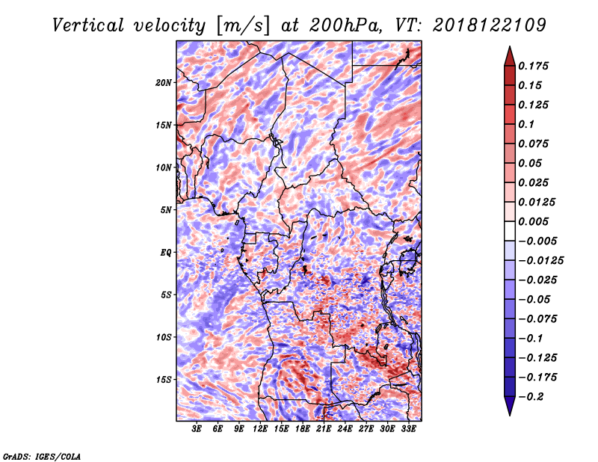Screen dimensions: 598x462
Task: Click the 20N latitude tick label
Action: (x=164, y=83)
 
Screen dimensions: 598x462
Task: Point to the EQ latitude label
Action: (x=166, y=253)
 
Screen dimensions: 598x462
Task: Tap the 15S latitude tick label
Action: (x=164, y=380)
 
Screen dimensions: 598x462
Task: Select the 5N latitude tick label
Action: (x=166, y=210)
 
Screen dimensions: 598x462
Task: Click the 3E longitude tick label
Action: (x=197, y=429)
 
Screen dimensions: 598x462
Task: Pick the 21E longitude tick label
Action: (x=324, y=429)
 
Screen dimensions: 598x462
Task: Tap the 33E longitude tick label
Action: (x=408, y=429)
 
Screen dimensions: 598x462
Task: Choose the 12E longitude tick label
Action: (x=260, y=429)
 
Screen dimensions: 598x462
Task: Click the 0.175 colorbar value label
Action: (x=533, y=66)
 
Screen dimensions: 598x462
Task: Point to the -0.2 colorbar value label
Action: (x=530, y=397)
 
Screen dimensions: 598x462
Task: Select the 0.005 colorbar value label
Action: (x=533, y=221)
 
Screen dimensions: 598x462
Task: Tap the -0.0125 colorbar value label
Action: (x=540, y=261)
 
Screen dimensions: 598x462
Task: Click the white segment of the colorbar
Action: (x=510, y=231)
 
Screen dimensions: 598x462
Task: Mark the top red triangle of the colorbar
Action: (x=510, y=57)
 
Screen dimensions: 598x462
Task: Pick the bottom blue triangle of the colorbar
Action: (x=510, y=406)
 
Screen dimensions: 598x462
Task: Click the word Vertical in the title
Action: (x=88, y=25)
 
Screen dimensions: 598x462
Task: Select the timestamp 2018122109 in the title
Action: (x=490, y=25)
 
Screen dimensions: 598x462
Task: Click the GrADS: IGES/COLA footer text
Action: (x=42, y=456)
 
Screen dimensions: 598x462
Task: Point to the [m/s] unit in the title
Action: (x=243, y=26)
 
